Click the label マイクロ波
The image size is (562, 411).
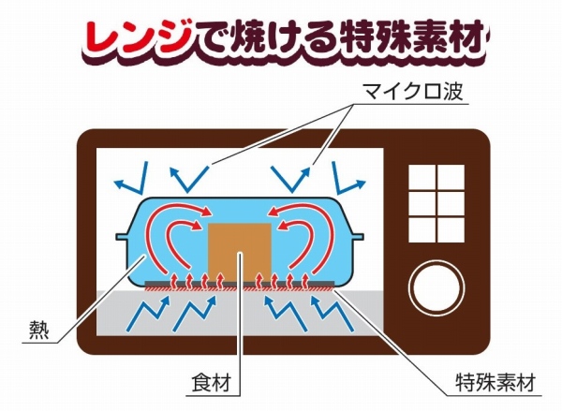click(x=412, y=91)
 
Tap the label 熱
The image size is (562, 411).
click(x=38, y=330)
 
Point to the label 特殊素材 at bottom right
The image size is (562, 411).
click(x=495, y=382)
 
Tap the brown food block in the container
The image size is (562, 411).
click(x=240, y=252)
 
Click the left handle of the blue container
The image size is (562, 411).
click(x=122, y=237)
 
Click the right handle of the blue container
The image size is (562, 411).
click(x=358, y=237)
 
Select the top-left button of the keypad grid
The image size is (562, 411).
click(x=421, y=177)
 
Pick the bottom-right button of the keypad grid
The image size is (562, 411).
click(x=451, y=229)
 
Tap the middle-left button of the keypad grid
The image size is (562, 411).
click(x=421, y=203)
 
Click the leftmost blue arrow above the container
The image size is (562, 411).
click(x=131, y=178)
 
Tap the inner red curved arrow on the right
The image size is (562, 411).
click(x=299, y=244)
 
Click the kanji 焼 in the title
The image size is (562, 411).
click(x=252, y=37)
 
